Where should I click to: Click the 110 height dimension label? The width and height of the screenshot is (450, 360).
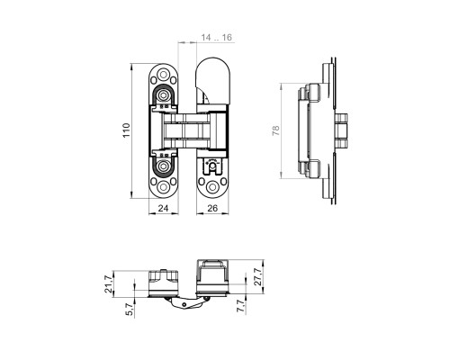click(x=126, y=130)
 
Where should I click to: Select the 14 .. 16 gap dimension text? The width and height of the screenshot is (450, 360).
click(x=217, y=38)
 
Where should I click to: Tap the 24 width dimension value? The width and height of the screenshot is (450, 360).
click(x=163, y=208)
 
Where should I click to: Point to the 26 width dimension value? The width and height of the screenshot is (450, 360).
click(x=212, y=208)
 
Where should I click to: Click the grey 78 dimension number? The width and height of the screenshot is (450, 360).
click(x=275, y=130)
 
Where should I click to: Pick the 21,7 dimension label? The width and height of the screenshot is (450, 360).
click(x=109, y=284)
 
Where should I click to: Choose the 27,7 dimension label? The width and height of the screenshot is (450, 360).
click(x=258, y=276)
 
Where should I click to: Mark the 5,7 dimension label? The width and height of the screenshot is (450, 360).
click(x=130, y=309)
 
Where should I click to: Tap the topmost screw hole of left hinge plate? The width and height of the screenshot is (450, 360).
click(x=163, y=74)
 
